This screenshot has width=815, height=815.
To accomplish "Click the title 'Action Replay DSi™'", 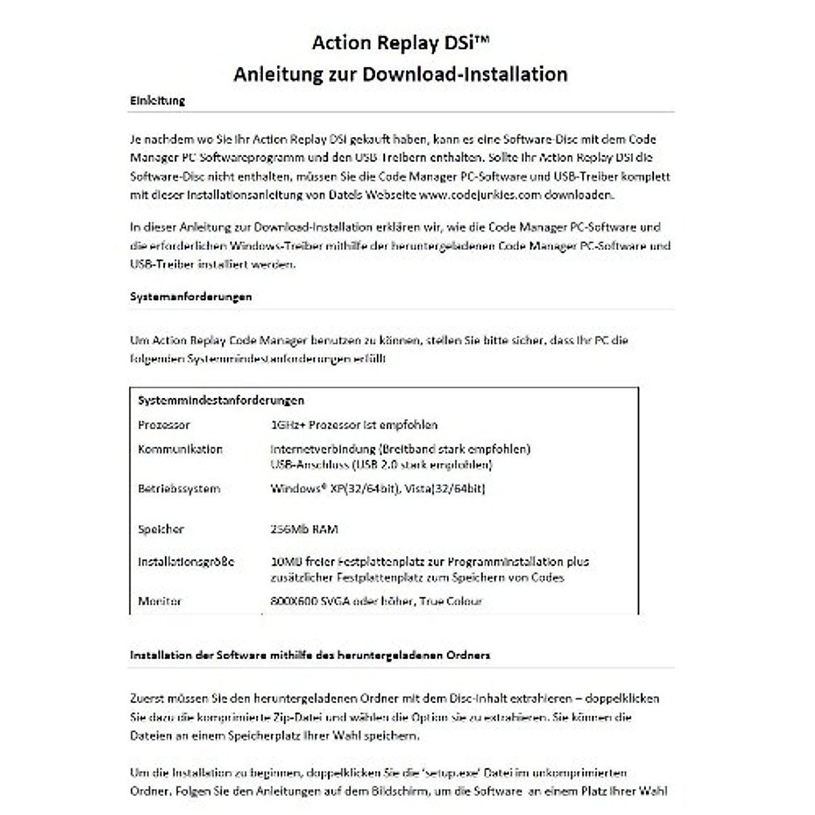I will click(x=400, y=43).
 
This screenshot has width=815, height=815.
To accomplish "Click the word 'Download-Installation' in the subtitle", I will click(x=465, y=73).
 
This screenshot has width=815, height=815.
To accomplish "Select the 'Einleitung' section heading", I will click(x=158, y=101).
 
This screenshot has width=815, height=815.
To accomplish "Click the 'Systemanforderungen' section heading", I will click(x=191, y=297).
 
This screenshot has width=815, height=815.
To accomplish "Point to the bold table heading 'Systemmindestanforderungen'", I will click(x=221, y=401).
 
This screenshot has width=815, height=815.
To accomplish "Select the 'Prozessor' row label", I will click(x=164, y=425).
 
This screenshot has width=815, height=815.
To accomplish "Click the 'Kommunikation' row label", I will click(x=180, y=450).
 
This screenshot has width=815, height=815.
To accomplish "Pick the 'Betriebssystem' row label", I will click(x=179, y=488).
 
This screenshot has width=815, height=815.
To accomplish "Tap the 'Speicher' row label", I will click(x=161, y=529).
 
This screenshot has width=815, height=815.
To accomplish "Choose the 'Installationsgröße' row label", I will click(x=185, y=562).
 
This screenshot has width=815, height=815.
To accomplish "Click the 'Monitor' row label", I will click(x=160, y=601).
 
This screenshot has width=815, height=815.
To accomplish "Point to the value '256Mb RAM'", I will click(x=304, y=529).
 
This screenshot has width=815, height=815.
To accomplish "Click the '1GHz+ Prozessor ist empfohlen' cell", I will click(x=353, y=425).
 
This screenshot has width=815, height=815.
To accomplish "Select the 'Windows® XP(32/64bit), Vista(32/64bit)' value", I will click(x=378, y=488).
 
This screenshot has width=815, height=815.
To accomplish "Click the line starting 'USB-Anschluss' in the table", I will click(x=381, y=465).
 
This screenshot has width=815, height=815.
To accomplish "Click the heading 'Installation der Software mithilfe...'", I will click(x=310, y=655).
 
